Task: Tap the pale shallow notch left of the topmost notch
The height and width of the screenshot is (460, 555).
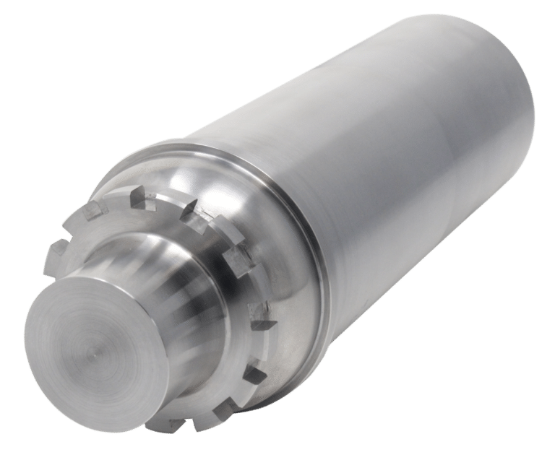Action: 90,212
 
